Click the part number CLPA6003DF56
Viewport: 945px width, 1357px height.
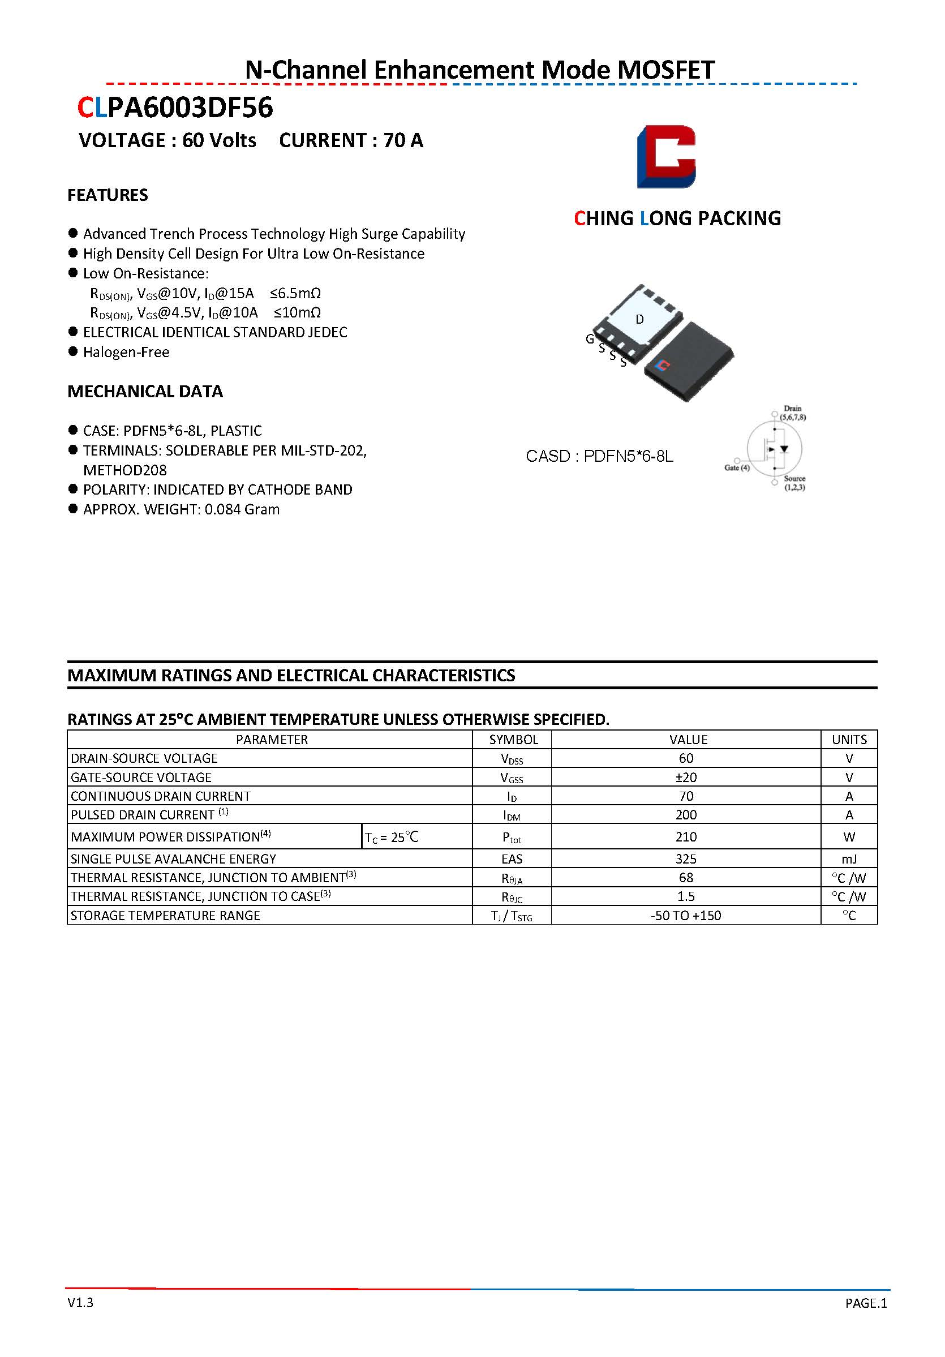coord(175,108)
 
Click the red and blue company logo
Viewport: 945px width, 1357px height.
coord(666,157)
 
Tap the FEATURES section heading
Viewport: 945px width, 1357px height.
coord(108,195)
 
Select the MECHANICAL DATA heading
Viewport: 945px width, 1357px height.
coord(145,391)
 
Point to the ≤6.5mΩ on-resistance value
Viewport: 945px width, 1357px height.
coord(295,293)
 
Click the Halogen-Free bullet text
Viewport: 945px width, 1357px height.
coord(126,352)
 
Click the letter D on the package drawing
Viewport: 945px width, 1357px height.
coord(639,319)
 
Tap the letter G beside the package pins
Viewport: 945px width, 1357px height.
coord(590,338)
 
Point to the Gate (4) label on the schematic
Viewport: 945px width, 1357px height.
coord(737,467)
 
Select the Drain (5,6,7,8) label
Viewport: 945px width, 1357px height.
coord(793,413)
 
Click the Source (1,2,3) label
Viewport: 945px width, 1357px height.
coord(794,483)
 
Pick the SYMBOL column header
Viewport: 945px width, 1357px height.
coord(513,740)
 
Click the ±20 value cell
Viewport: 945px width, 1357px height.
coord(686,777)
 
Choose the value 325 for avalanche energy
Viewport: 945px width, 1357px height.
coord(686,859)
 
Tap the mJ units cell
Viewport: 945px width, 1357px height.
coord(849,859)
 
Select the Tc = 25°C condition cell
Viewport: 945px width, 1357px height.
coord(392,837)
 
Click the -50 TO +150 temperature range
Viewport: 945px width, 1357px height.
coord(686,916)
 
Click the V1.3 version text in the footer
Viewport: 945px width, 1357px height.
coord(80,1303)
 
